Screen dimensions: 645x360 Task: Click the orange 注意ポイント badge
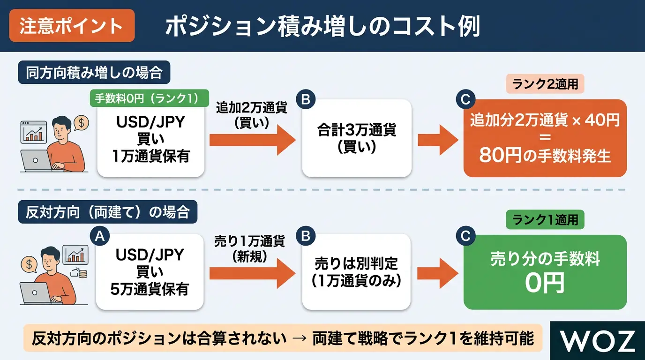point(72,26)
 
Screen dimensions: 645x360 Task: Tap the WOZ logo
point(598,341)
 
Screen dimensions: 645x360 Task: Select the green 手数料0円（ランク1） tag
point(149,98)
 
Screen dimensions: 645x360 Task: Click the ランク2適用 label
point(545,84)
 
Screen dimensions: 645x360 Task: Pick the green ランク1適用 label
point(545,220)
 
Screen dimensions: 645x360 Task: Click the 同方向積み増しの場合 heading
point(94,72)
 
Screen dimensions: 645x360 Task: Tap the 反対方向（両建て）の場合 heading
point(108,212)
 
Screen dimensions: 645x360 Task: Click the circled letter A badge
point(100,236)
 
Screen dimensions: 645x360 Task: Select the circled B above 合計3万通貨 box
point(306,99)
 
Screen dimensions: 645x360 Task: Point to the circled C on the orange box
point(465,99)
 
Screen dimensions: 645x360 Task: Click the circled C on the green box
point(465,236)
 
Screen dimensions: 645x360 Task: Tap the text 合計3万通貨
point(357,130)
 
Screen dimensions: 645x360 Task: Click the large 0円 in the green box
point(545,284)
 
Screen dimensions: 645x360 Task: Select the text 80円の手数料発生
point(545,155)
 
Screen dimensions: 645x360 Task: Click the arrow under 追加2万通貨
point(253,140)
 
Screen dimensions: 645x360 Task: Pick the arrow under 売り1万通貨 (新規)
point(253,273)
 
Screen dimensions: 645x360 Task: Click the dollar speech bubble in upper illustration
point(81,123)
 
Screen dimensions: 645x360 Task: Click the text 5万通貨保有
point(150,289)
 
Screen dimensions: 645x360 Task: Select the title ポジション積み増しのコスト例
point(323,26)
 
